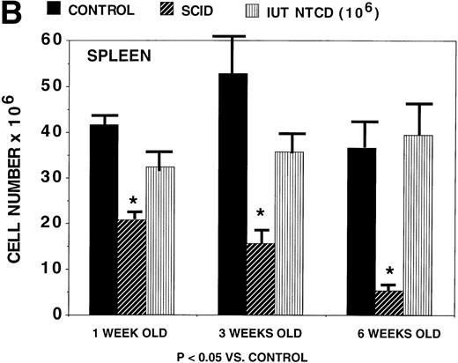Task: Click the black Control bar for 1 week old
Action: click(105, 219)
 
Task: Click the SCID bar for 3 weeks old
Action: click(261, 278)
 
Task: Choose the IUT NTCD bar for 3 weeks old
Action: click(288, 233)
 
